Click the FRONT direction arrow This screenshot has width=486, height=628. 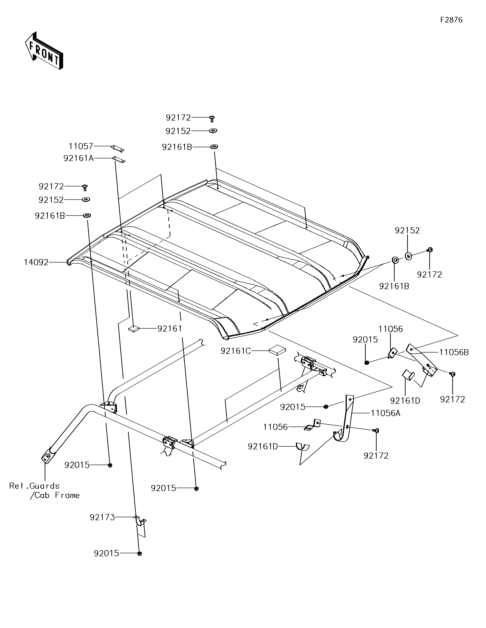click(44, 51)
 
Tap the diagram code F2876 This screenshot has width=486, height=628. click(451, 20)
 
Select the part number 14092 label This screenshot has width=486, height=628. click(36, 262)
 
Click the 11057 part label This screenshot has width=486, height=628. click(81, 146)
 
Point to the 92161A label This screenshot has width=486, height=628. click(79, 158)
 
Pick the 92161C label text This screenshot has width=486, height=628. click(236, 351)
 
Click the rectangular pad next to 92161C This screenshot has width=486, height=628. click(277, 350)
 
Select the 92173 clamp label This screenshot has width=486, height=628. click(102, 517)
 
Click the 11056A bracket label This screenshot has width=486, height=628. click(385, 413)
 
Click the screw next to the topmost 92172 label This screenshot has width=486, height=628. click(212, 118)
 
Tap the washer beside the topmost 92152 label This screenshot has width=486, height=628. click(213, 131)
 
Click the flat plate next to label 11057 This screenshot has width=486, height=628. click(117, 148)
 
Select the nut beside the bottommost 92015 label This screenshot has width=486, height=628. click(139, 553)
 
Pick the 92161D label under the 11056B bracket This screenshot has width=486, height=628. click(405, 401)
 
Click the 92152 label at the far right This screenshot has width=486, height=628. click(407, 230)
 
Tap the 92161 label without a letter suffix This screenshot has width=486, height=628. click(170, 328)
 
